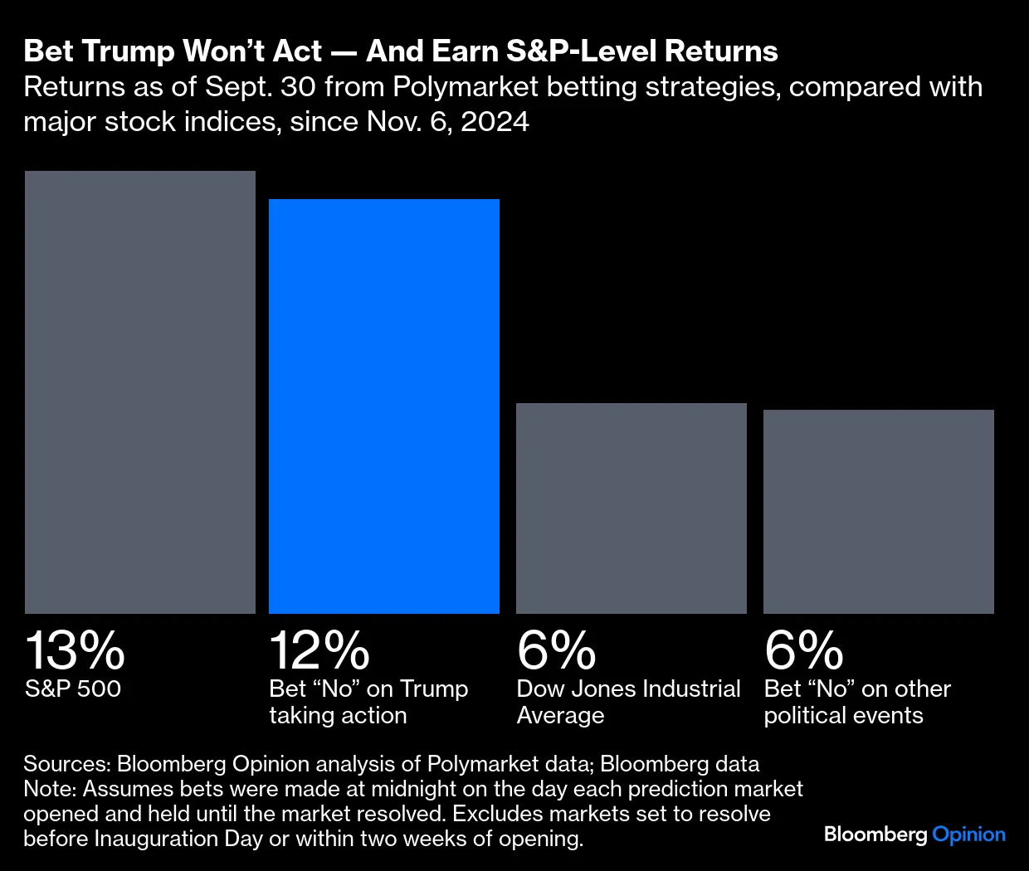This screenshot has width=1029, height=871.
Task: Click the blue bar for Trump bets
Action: (384, 406)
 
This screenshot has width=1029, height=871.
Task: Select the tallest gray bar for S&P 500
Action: (140, 392)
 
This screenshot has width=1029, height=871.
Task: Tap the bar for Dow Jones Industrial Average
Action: (632, 508)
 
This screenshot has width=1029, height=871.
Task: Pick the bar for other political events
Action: (879, 512)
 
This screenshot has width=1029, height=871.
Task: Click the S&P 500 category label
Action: (73, 689)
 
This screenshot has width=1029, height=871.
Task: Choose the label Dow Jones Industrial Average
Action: (628, 702)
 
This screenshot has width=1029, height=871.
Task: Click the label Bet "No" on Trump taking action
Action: (368, 702)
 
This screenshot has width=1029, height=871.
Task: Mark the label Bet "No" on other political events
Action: (857, 702)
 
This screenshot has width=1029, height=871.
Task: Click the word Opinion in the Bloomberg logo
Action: (968, 835)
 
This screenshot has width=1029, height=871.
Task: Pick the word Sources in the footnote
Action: (65, 763)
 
